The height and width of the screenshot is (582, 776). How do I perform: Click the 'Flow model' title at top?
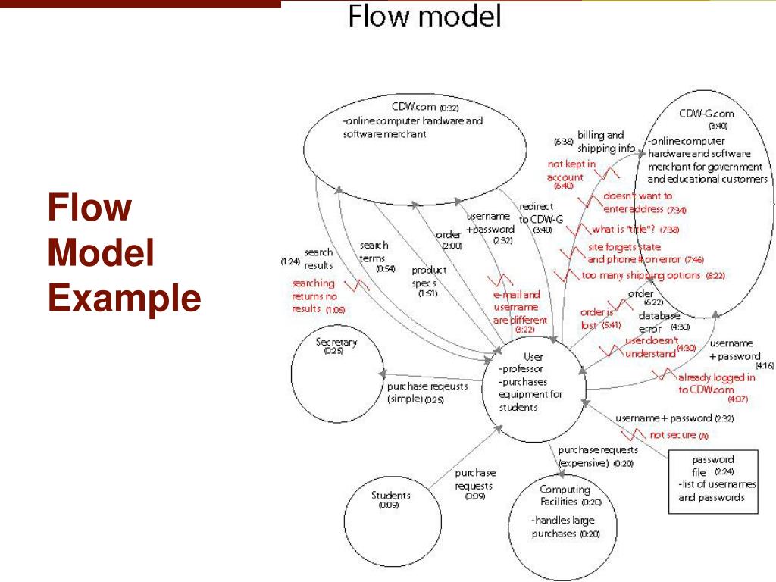pos(424,16)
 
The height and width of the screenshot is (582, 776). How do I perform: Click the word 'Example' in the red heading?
pos(124,299)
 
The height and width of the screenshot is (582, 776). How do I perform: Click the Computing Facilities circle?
pos(564,523)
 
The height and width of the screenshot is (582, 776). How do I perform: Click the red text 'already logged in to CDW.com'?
pos(716,383)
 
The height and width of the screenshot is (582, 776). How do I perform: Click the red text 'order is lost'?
pos(596,318)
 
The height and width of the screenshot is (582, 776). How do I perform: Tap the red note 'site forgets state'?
pos(624,246)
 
